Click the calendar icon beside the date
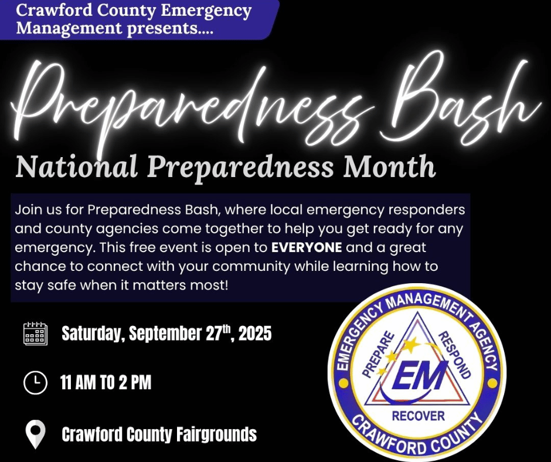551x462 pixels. tap(35, 334)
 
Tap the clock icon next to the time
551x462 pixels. tap(35, 383)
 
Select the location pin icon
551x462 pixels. tap(36, 434)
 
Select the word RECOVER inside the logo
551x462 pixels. tap(418, 416)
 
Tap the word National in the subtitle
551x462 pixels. tap(77, 167)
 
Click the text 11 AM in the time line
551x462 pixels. tap(81, 383)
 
